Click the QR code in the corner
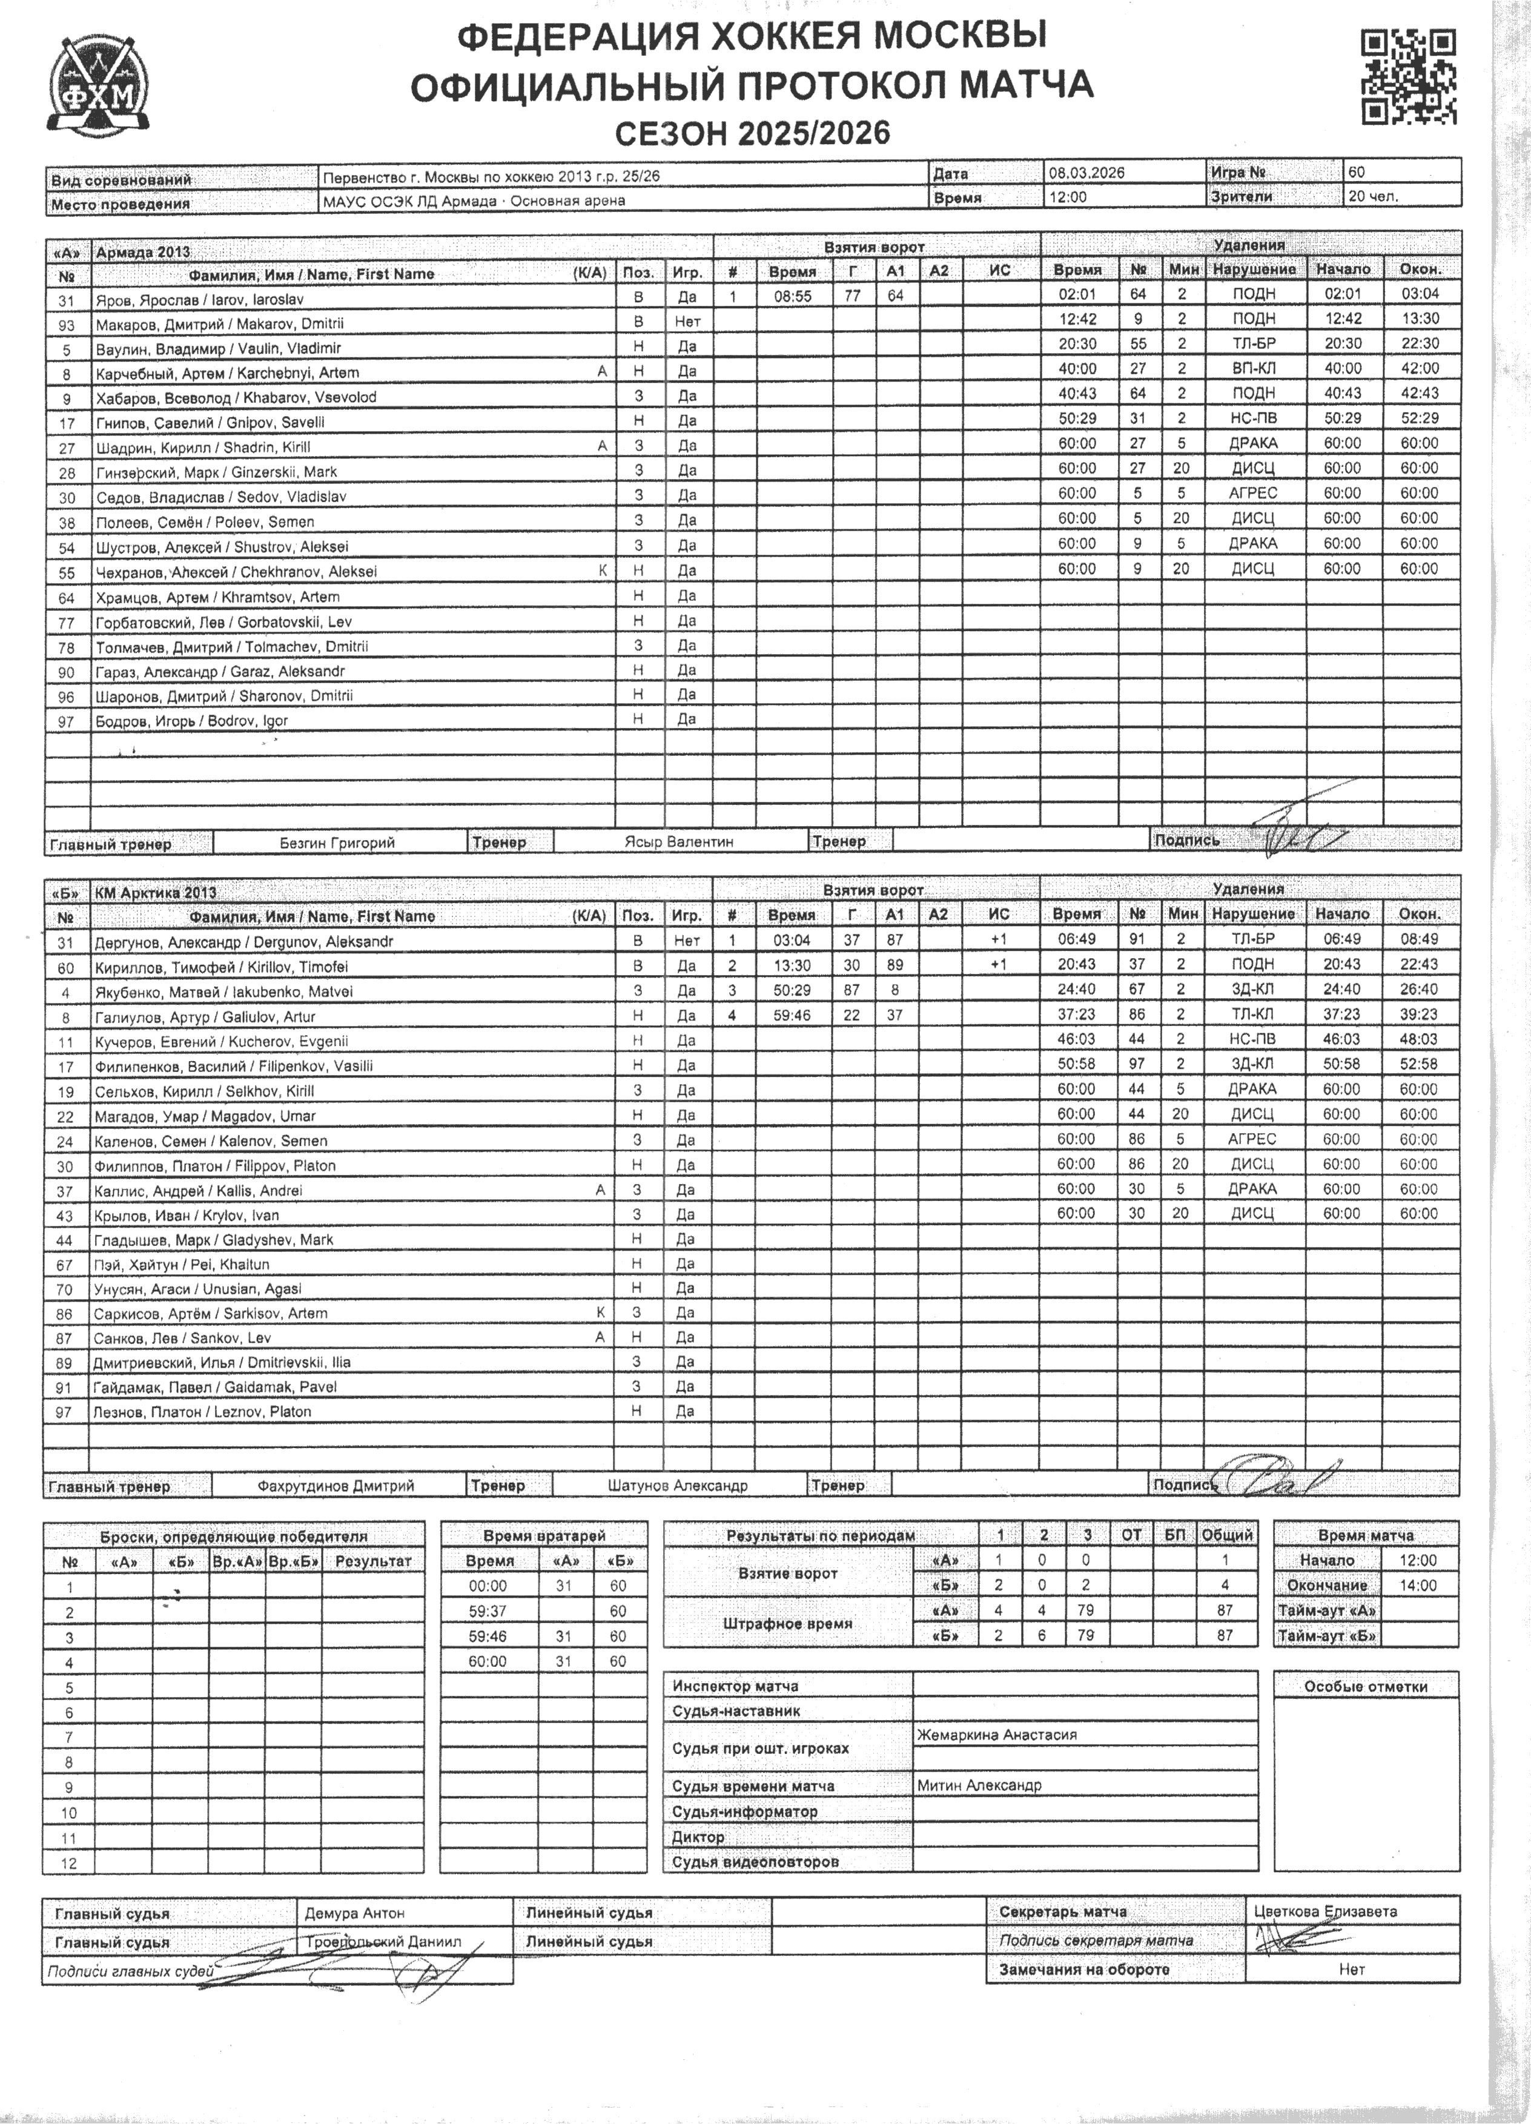1408,77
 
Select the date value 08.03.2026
1086,173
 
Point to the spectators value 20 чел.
1373,197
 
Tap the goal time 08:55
792,296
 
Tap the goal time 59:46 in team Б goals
792,1014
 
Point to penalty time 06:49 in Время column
1076,939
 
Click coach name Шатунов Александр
677,1485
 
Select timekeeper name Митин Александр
979,1785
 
